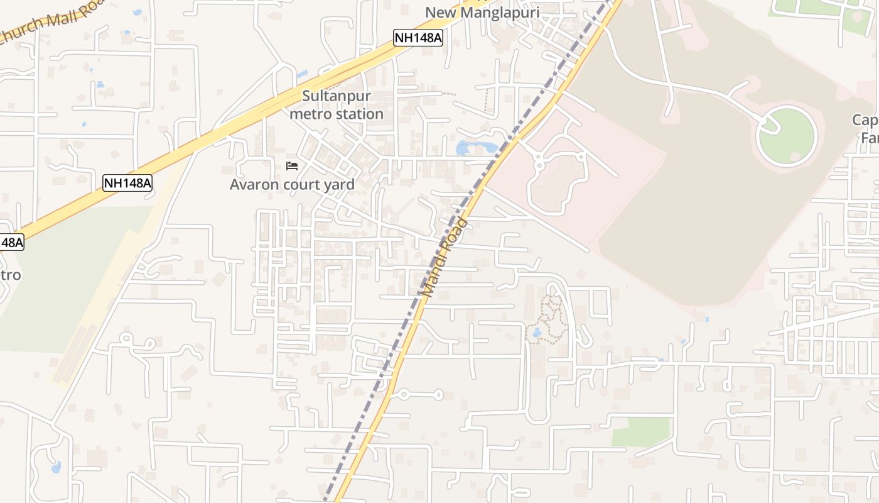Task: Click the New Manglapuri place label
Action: (482, 13)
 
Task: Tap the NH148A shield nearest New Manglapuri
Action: (418, 38)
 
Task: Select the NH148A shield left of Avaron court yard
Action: (127, 183)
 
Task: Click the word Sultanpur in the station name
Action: (337, 96)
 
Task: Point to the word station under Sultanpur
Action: (360, 114)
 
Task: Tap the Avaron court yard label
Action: (292, 184)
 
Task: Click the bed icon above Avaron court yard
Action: (292, 166)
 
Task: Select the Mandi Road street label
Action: (445, 258)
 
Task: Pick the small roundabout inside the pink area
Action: (539, 166)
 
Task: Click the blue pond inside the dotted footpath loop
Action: (536, 333)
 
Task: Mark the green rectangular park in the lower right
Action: (640, 431)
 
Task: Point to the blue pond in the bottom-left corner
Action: (56, 467)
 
